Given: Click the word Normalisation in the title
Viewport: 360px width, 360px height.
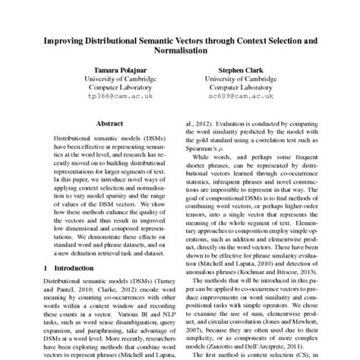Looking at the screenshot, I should pyautogui.click(x=179, y=52).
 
